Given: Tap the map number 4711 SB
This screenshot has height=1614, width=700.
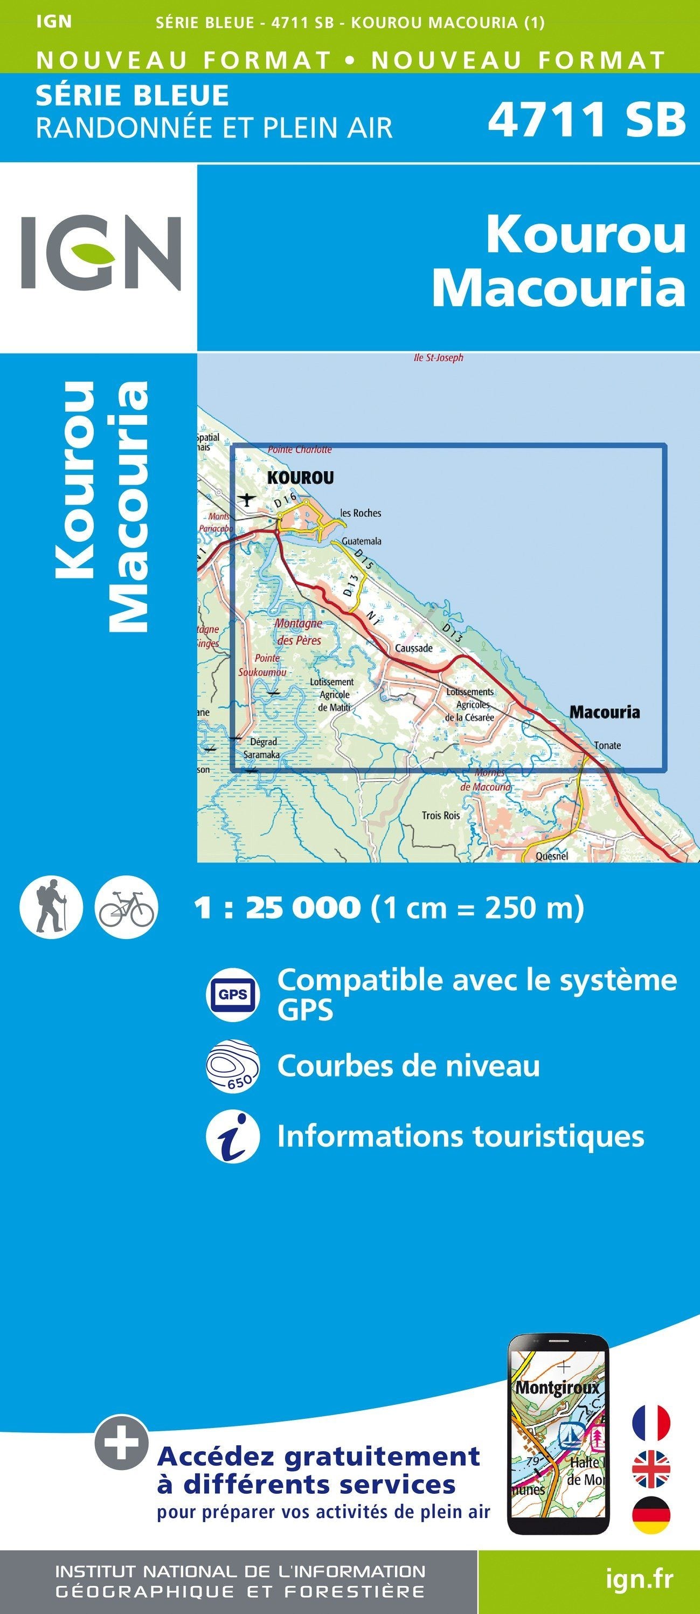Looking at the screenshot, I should pyautogui.click(x=586, y=120).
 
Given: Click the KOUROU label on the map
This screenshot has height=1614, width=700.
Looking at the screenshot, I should pyautogui.click(x=301, y=478).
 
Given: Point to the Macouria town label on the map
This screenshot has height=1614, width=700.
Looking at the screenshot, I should pyautogui.click(x=604, y=712).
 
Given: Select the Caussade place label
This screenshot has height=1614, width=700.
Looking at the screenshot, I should pyautogui.click(x=413, y=648).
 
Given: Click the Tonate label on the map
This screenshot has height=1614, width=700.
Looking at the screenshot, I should pyautogui.click(x=607, y=745).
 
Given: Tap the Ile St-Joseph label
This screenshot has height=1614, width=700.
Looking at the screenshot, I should pyautogui.click(x=438, y=358).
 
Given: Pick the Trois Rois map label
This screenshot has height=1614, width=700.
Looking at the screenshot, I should pyautogui.click(x=441, y=815).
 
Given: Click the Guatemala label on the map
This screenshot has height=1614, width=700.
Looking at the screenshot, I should pyautogui.click(x=361, y=541).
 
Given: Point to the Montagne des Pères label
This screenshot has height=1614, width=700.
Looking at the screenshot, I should pyautogui.click(x=299, y=632).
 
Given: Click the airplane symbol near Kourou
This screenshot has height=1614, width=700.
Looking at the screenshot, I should pyautogui.click(x=248, y=499).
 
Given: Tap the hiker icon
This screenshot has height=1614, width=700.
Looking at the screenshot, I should pyautogui.click(x=51, y=907).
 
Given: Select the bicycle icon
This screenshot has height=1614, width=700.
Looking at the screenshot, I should pyautogui.click(x=126, y=907).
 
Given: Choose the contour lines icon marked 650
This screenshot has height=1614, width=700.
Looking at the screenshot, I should pyautogui.click(x=233, y=1066).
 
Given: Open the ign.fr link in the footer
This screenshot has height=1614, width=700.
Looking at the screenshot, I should pyautogui.click(x=639, y=1579).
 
